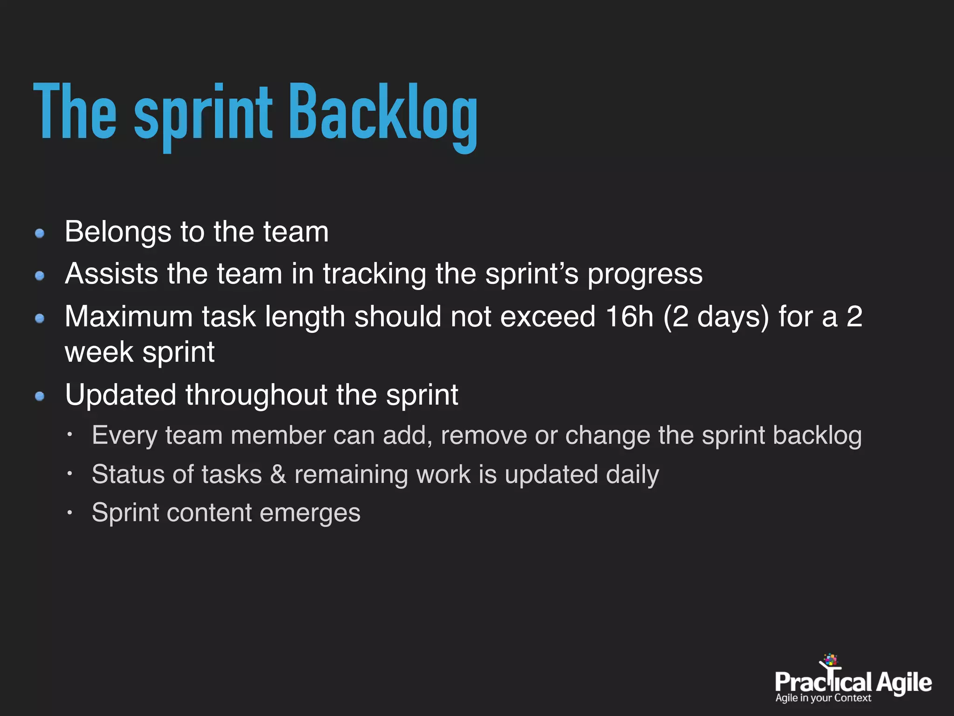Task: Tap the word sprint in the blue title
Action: tap(203, 114)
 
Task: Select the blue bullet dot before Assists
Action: tap(40, 276)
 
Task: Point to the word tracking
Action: tap(375, 274)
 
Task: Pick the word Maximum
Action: tap(129, 317)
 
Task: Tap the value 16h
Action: tap(630, 317)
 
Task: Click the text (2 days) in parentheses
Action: tap(716, 317)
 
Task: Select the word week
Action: tap(99, 352)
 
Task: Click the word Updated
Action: tap(121, 395)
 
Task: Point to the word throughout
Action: tap(256, 395)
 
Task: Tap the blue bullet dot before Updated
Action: tap(40, 396)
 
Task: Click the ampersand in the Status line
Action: tap(278, 475)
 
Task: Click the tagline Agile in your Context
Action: tap(823, 698)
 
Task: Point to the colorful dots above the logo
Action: tap(831, 660)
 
